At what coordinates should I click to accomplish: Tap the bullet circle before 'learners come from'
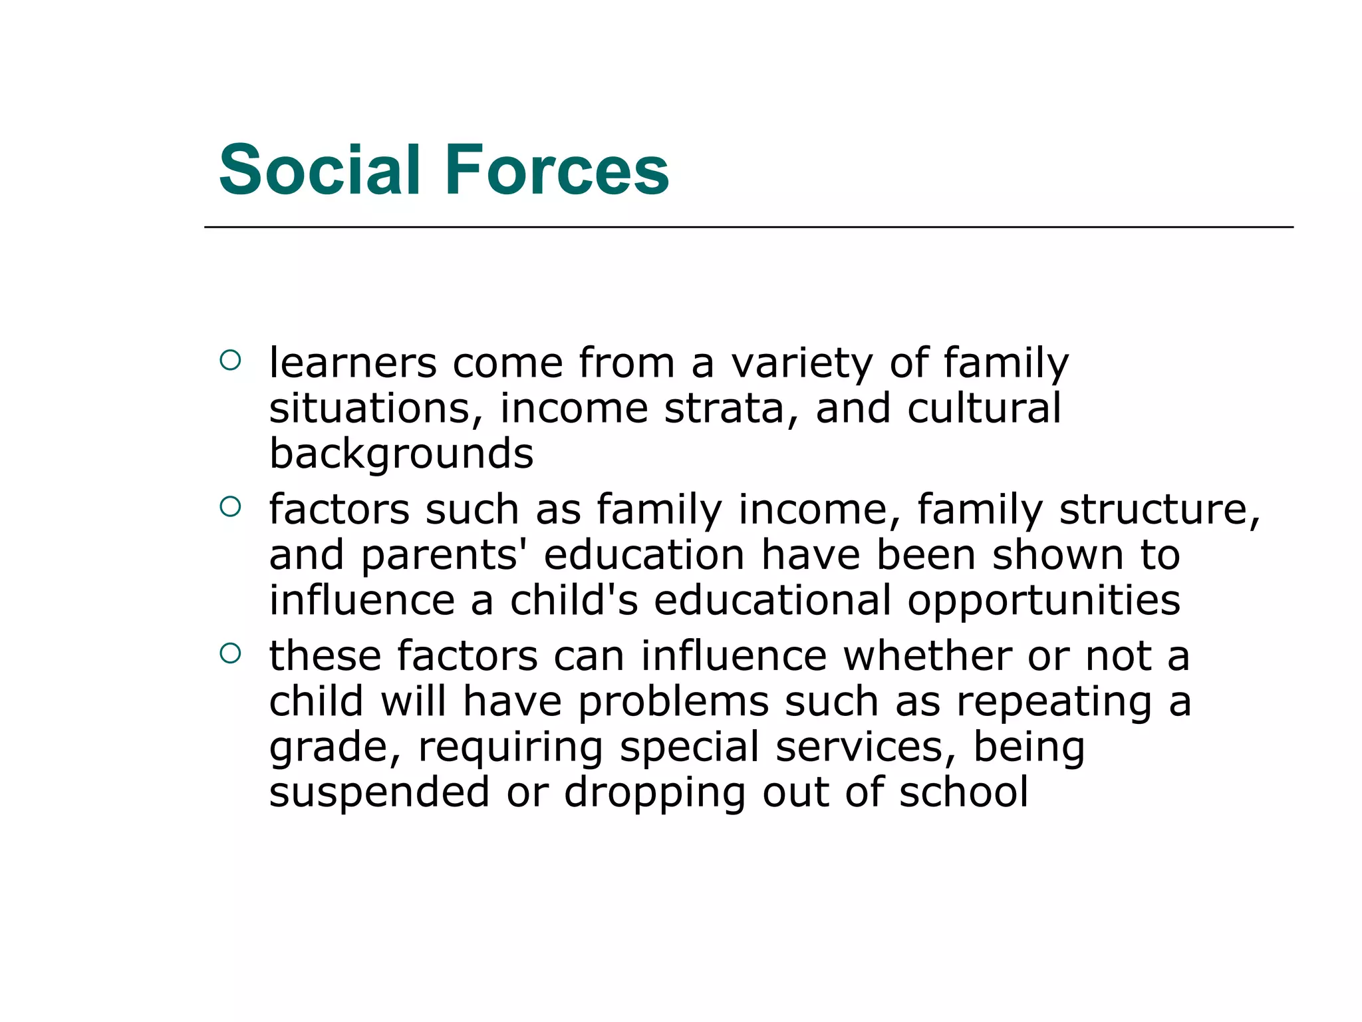[229, 361]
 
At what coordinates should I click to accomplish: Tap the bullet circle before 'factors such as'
[229, 508]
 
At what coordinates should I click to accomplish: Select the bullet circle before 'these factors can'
[229, 654]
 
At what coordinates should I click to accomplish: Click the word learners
[352, 363]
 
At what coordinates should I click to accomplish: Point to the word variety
[802, 365]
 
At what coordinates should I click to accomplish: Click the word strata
[724, 409]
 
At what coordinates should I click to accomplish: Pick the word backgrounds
[401, 454]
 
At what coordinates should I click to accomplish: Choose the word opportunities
[1044, 601]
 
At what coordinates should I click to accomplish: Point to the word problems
[673, 703]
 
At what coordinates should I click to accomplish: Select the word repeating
[1053, 703]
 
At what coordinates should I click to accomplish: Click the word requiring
[510, 748]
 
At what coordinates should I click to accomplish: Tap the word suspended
[379, 793]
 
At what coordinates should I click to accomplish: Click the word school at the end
[964, 793]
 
